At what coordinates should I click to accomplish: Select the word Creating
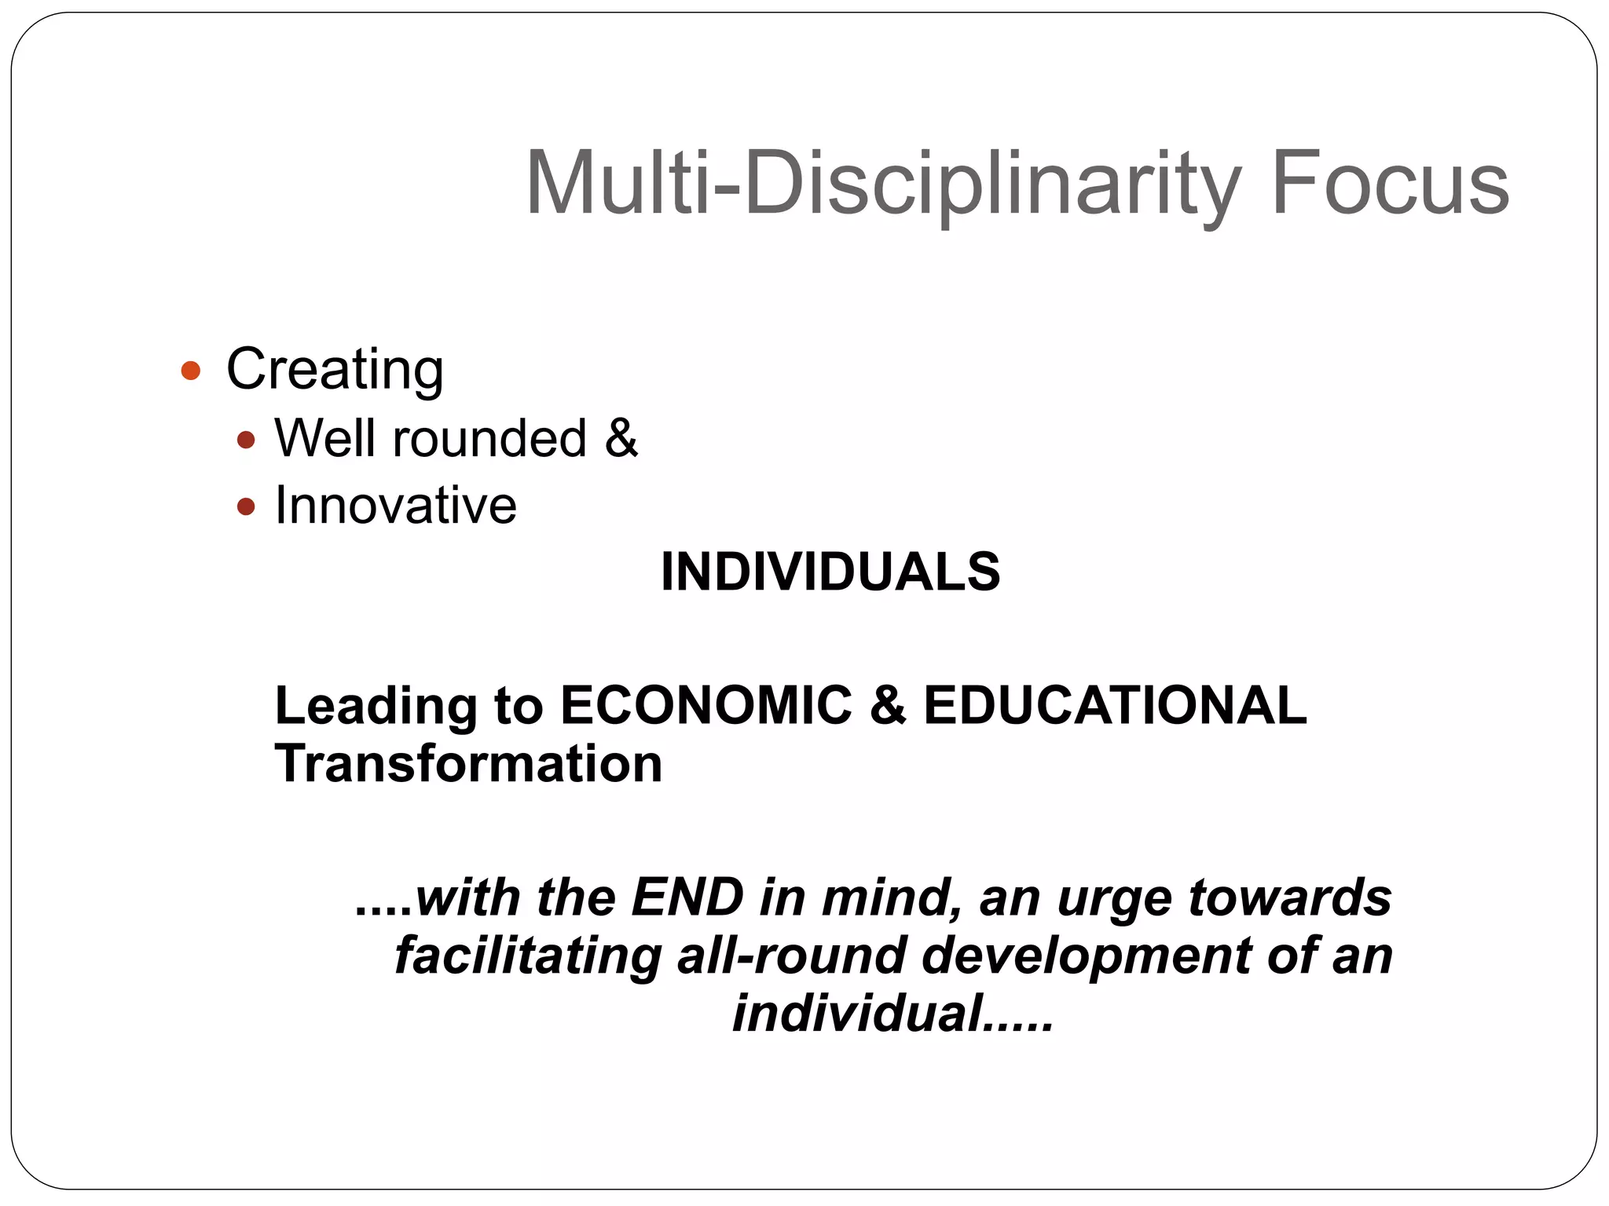coord(335,369)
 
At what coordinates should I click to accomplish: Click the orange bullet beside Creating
coord(190,370)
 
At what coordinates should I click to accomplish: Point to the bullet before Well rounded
coord(246,440)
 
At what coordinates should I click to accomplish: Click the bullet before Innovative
coord(246,506)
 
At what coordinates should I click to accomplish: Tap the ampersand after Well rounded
coord(621,437)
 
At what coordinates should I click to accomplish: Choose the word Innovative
coord(396,505)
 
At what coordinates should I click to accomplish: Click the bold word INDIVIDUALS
coord(830,571)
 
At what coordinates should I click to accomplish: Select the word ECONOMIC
coord(706,704)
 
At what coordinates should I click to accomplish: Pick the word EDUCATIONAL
coord(1115,704)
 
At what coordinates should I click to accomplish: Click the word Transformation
coord(468,763)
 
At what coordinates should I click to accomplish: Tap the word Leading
coord(376,706)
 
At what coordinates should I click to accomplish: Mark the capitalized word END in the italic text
coord(687,897)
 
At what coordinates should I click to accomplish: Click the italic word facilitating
coord(527,955)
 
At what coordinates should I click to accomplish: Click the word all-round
coord(791,955)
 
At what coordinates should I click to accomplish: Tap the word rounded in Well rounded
coord(489,438)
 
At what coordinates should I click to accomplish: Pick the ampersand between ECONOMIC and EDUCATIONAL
coord(887,704)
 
